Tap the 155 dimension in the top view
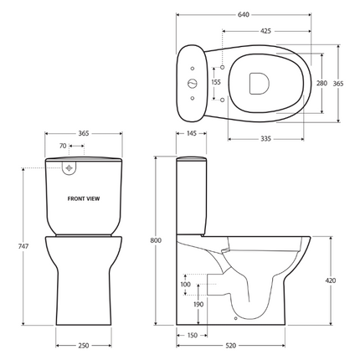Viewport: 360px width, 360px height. (216, 83)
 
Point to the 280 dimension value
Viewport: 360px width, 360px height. (321, 84)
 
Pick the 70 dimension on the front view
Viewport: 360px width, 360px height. (63, 147)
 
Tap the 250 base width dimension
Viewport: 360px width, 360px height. (84, 345)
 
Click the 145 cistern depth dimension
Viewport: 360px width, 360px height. (192, 134)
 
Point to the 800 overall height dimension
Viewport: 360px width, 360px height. (156, 241)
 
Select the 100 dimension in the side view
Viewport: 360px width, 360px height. (185, 285)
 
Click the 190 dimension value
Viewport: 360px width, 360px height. (197, 305)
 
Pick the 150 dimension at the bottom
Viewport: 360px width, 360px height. (193, 336)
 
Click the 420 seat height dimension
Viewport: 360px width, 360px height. (330, 280)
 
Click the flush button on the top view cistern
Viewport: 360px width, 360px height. (192, 84)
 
